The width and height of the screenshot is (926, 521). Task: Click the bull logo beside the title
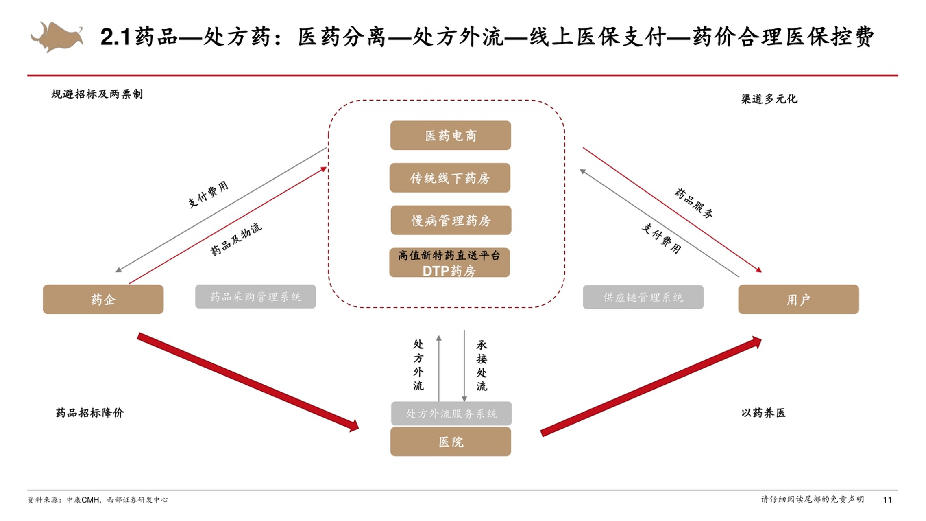pos(57,37)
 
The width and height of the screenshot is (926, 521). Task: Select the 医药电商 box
pos(450,136)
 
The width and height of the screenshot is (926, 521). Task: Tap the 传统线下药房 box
pos(450,178)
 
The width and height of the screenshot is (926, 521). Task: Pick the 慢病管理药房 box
pos(451,220)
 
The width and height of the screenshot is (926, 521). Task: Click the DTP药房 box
pos(449,263)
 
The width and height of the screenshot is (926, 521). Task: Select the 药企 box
pos(103,300)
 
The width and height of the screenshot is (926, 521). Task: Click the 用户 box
pos(798,300)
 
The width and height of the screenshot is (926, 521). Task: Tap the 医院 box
pos(450,442)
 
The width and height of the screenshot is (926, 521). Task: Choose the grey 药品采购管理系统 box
pos(255,297)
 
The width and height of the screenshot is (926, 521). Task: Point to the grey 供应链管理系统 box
pos(643,297)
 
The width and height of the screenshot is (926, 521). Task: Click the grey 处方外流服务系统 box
pos(451,414)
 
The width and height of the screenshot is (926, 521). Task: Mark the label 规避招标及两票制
pos(97,94)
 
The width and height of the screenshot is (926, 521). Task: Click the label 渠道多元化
pos(769,99)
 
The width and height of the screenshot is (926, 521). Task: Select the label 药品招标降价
pos(90,413)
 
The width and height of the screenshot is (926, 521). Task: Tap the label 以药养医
pos(763,413)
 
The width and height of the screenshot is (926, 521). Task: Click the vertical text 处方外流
pos(418,365)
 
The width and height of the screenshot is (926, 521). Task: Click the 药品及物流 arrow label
pos(236,240)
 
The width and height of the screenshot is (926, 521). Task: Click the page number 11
pos(887,499)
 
